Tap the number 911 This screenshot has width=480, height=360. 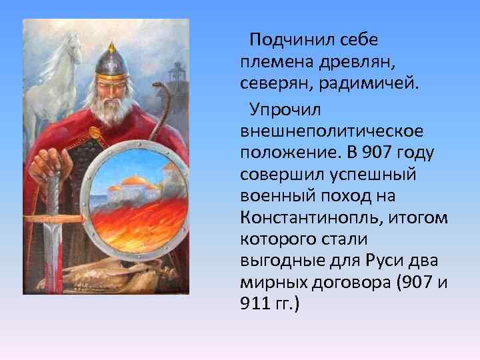253,304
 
